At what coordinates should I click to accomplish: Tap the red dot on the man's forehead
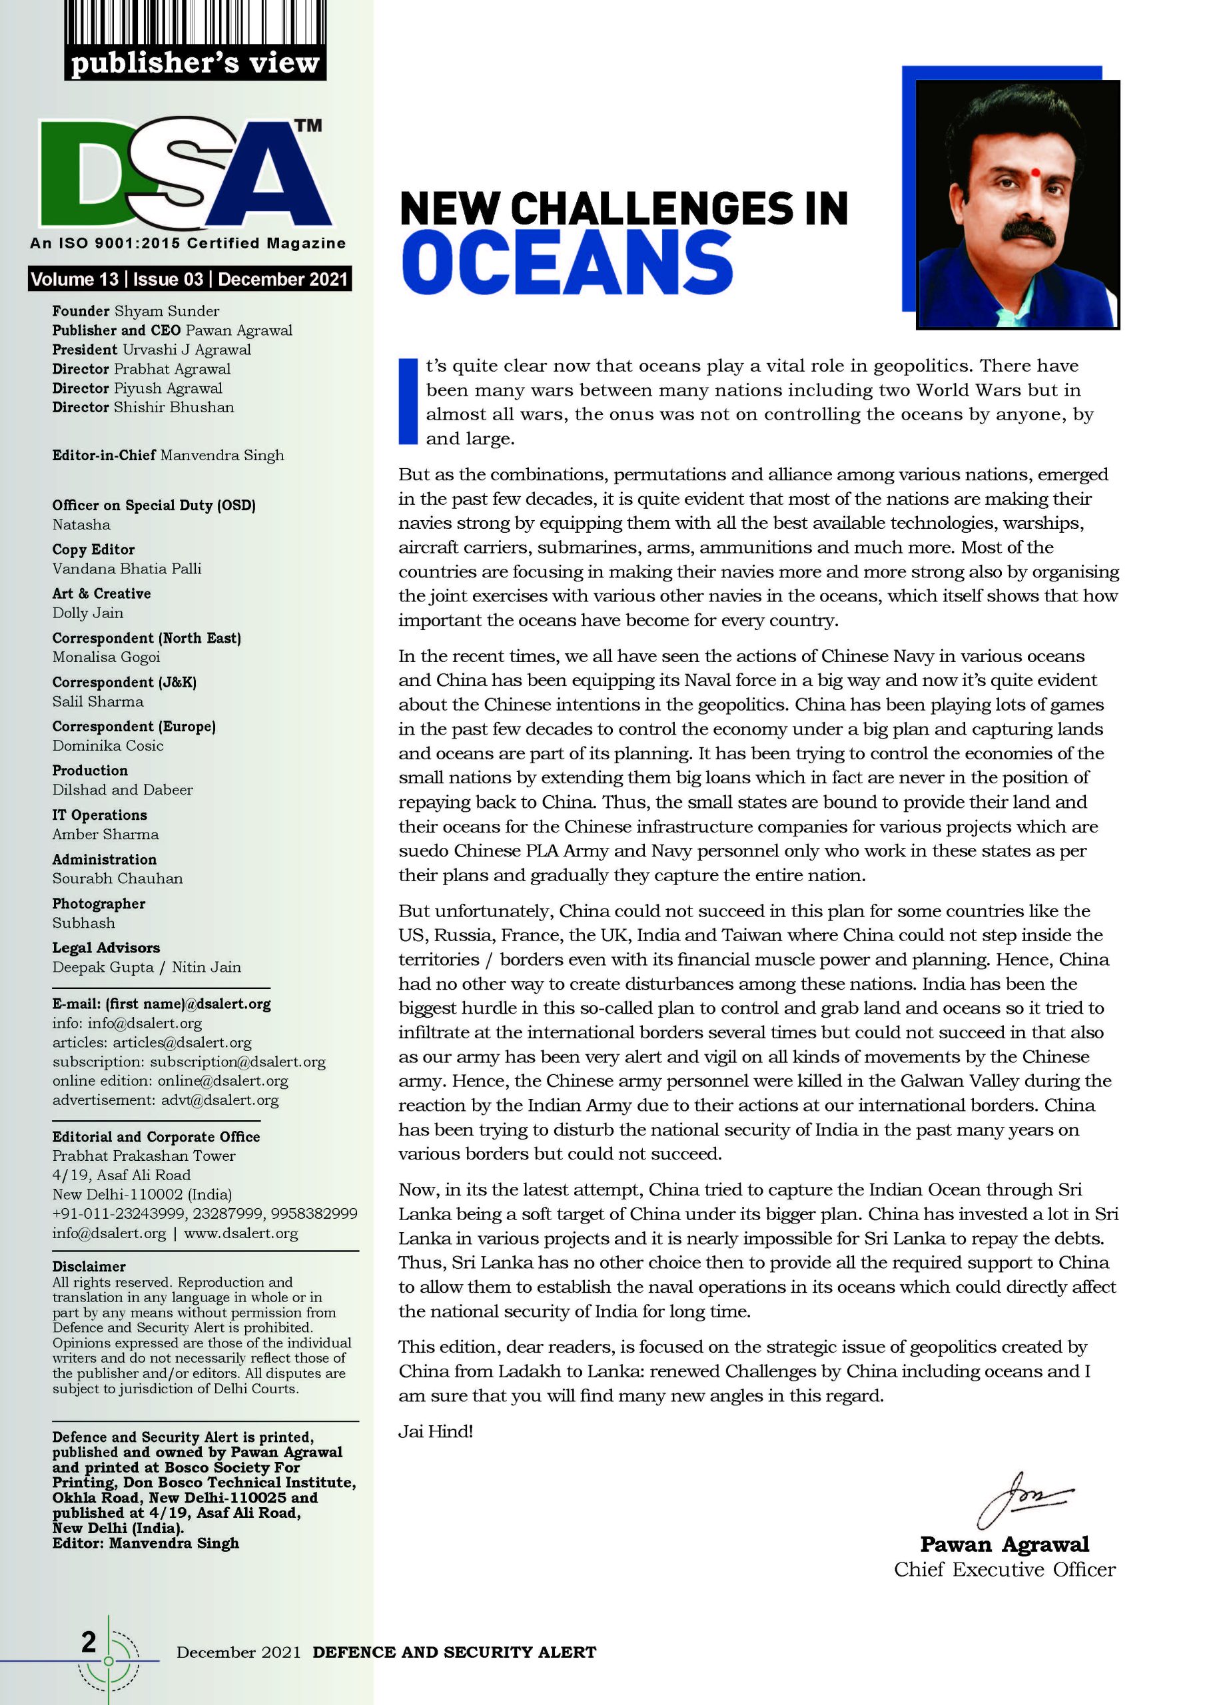point(1036,172)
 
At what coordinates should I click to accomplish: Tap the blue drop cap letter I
point(408,401)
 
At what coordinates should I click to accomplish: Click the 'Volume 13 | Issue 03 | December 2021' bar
point(189,279)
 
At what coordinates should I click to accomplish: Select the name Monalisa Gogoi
point(107,657)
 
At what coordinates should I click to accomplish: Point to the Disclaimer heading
point(89,1267)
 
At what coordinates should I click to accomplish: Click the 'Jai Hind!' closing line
point(436,1431)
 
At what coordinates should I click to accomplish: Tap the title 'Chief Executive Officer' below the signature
point(1005,1569)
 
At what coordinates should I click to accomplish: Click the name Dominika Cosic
point(108,745)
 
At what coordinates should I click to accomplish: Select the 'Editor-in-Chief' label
point(104,455)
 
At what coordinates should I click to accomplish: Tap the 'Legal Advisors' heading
point(106,947)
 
